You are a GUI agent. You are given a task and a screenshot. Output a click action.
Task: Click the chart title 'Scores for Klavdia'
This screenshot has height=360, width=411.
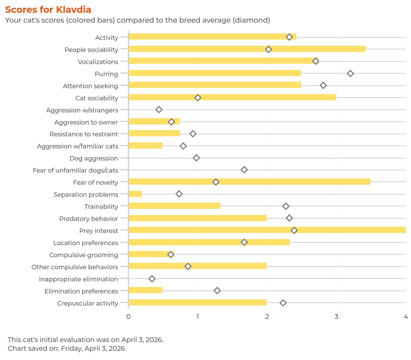(48, 9)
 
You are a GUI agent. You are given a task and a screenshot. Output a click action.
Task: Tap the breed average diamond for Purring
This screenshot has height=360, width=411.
(350, 73)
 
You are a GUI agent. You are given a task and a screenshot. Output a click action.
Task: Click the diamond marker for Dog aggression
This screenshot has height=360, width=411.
(196, 158)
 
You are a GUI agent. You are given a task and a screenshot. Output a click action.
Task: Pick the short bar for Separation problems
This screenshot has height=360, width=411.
(135, 194)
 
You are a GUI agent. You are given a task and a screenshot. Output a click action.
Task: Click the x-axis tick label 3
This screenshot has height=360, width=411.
(336, 316)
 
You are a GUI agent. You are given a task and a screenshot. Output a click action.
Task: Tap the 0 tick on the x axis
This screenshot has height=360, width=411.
(128, 316)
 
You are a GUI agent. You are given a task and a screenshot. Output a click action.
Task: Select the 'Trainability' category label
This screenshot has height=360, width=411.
(101, 206)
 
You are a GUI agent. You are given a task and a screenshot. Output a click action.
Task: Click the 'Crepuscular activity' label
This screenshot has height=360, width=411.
(87, 303)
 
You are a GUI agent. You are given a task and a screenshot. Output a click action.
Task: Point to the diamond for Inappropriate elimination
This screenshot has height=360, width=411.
(152, 279)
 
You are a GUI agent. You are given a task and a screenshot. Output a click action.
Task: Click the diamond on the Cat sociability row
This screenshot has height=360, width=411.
(198, 98)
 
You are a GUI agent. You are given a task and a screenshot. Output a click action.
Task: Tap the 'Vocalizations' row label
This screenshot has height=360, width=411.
(98, 62)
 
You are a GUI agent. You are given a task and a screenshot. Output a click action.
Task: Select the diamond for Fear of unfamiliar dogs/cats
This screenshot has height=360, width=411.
(244, 170)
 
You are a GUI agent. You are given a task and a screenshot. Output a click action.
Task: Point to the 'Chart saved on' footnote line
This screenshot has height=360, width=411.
(66, 348)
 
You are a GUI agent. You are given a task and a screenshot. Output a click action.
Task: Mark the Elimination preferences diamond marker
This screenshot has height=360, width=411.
(217, 291)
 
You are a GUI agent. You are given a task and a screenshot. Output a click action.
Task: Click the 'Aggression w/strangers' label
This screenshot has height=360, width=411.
(82, 110)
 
